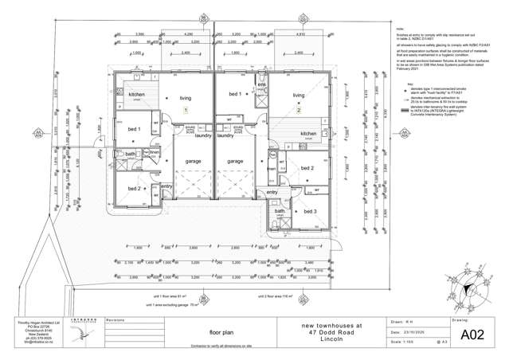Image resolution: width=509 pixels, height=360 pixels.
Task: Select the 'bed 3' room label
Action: point(310,211)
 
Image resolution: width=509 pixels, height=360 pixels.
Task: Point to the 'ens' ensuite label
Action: point(260,84)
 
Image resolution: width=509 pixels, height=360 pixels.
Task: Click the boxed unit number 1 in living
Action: point(186,110)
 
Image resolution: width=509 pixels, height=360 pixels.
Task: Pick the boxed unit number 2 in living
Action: point(299,110)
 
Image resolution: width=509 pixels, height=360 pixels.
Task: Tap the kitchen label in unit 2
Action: point(309,133)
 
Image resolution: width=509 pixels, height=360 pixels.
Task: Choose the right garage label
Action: point(235,161)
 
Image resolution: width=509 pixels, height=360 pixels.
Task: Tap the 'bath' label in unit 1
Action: point(130,153)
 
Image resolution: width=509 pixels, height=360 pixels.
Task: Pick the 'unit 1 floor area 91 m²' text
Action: point(176,295)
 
